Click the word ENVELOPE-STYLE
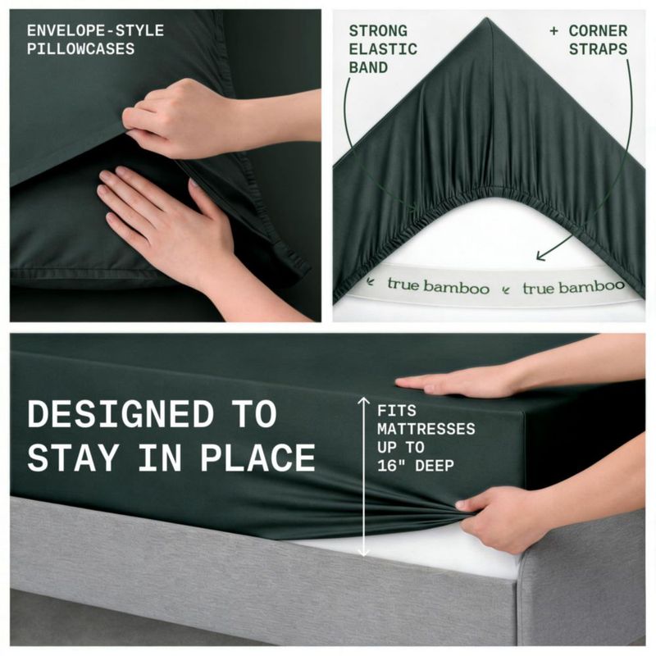[95, 30]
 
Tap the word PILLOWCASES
[80, 49]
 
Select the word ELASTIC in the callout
[383, 49]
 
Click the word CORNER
[598, 31]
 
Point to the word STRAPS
[598, 49]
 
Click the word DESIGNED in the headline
[121, 414]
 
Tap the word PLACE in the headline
[257, 458]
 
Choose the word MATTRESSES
[426, 429]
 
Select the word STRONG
[378, 31]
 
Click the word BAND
[368, 68]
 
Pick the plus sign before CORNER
[554, 31]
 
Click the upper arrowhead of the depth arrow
[363, 400]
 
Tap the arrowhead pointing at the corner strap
[540, 255]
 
